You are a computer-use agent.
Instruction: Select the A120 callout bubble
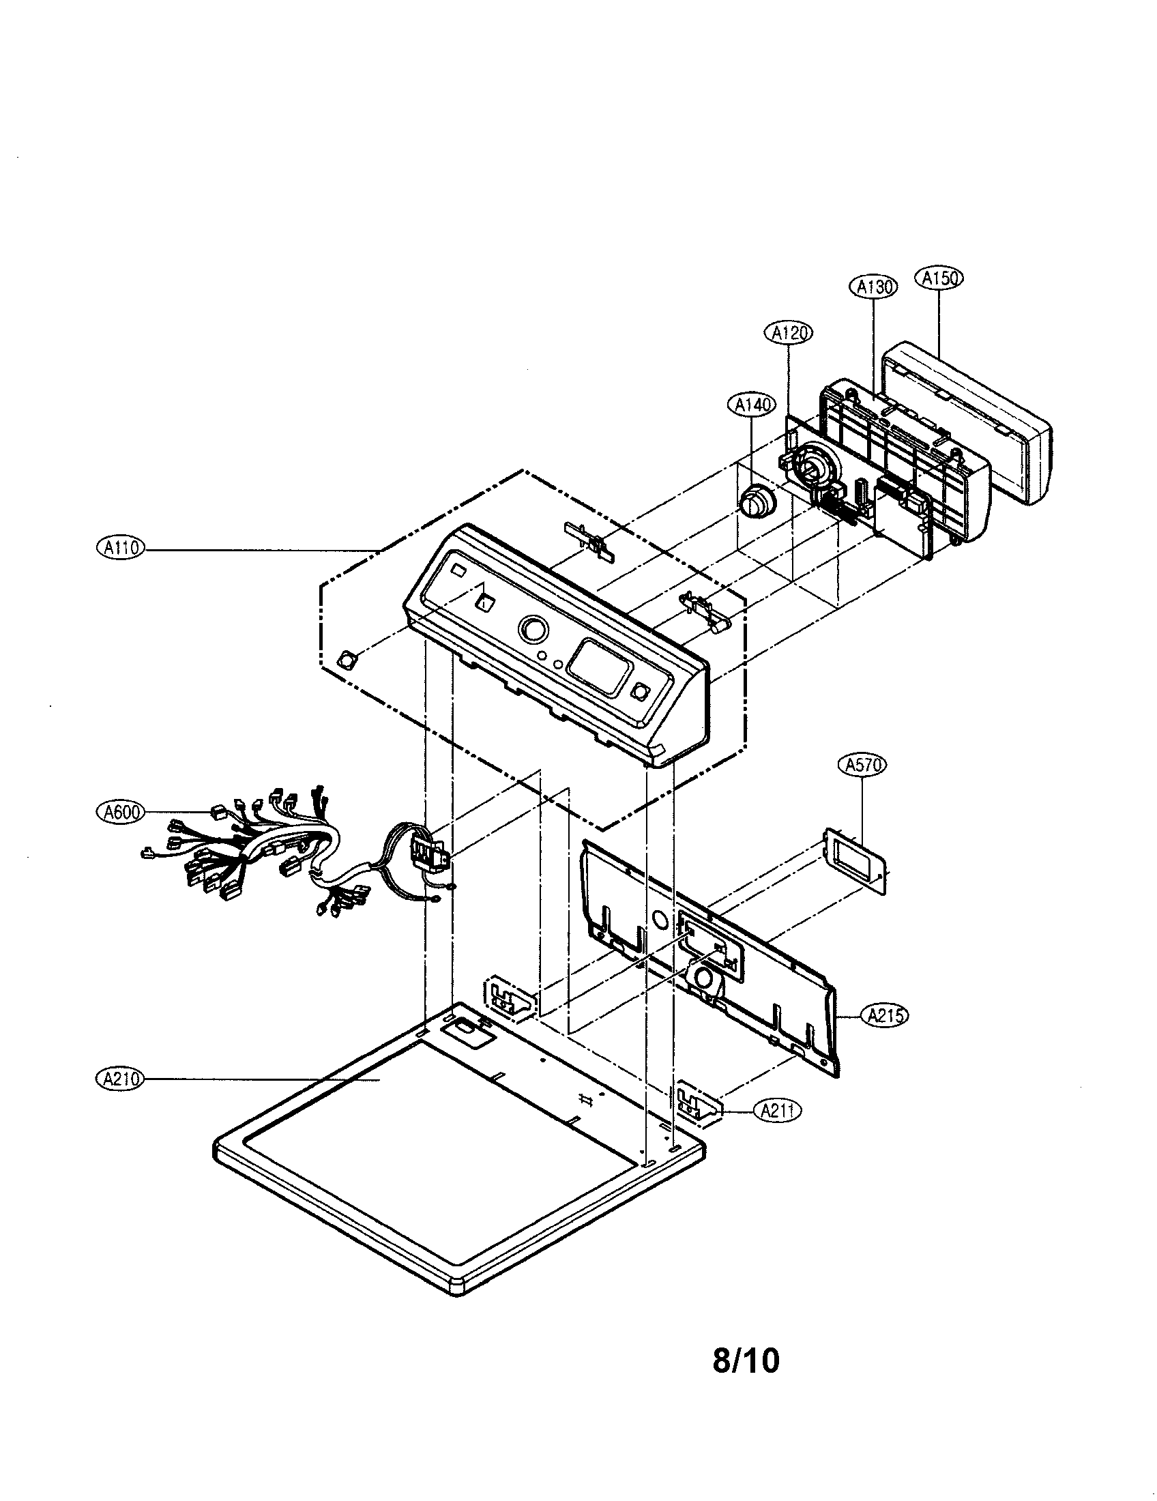(787, 333)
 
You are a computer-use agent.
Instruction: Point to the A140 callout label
(750, 405)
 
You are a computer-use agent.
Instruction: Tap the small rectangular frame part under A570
(856, 862)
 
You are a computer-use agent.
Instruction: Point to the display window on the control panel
(600, 666)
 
